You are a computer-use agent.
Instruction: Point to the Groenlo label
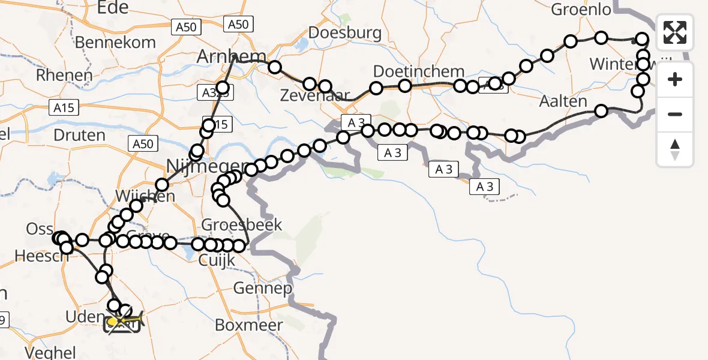click(581, 10)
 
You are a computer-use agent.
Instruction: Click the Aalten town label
click(563, 101)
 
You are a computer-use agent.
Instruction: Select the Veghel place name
click(50, 352)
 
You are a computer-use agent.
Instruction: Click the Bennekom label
click(115, 43)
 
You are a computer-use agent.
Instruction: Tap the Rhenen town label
click(64, 75)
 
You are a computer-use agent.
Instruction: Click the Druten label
click(79, 134)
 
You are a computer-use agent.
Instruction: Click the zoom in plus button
click(675, 79)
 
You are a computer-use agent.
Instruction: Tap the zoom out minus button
click(675, 114)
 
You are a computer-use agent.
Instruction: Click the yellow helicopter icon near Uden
click(122, 322)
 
